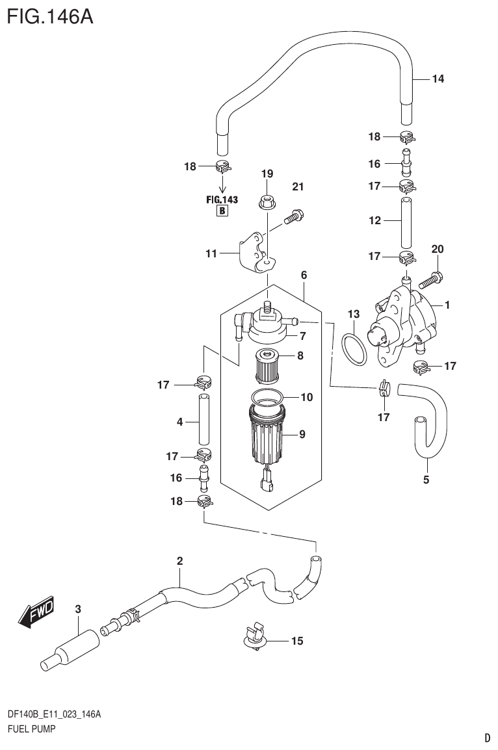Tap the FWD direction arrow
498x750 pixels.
[x=36, y=612]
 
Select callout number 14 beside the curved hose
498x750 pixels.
[x=438, y=79]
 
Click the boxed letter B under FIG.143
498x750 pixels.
[x=222, y=211]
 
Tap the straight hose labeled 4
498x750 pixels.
[x=203, y=422]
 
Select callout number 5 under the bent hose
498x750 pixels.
[x=426, y=480]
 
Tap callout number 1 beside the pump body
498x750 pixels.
[x=447, y=304]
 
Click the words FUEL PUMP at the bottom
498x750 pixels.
[x=31, y=729]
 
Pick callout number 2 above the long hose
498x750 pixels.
[x=179, y=560]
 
